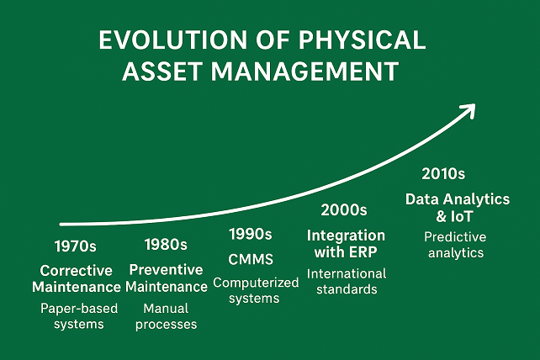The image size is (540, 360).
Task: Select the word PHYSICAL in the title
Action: [362, 40]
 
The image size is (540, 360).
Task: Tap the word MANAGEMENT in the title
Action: [304, 71]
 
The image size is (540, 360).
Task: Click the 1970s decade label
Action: [76, 246]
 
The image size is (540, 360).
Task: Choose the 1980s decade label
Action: [166, 245]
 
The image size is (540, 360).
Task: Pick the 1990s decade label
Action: [251, 235]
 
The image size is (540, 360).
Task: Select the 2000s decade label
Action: [344, 209]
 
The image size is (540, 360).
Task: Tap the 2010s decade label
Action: [443, 174]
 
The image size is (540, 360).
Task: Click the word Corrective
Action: [76, 271]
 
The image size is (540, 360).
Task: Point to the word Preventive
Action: [166, 270]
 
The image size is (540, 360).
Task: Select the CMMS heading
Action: [251, 259]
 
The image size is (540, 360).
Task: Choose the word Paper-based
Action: [79, 309]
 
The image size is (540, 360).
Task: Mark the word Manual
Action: [166, 309]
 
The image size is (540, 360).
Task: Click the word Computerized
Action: [256, 283]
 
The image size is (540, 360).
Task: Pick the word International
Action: [347, 274]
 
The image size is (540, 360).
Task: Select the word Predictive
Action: [455, 237]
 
